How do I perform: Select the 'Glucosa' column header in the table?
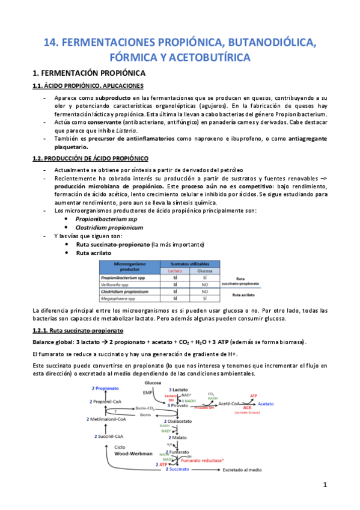(204, 271)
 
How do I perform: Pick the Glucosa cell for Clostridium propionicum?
(204, 290)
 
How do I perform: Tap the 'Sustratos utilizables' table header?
(189, 264)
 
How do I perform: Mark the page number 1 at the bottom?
(325, 501)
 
